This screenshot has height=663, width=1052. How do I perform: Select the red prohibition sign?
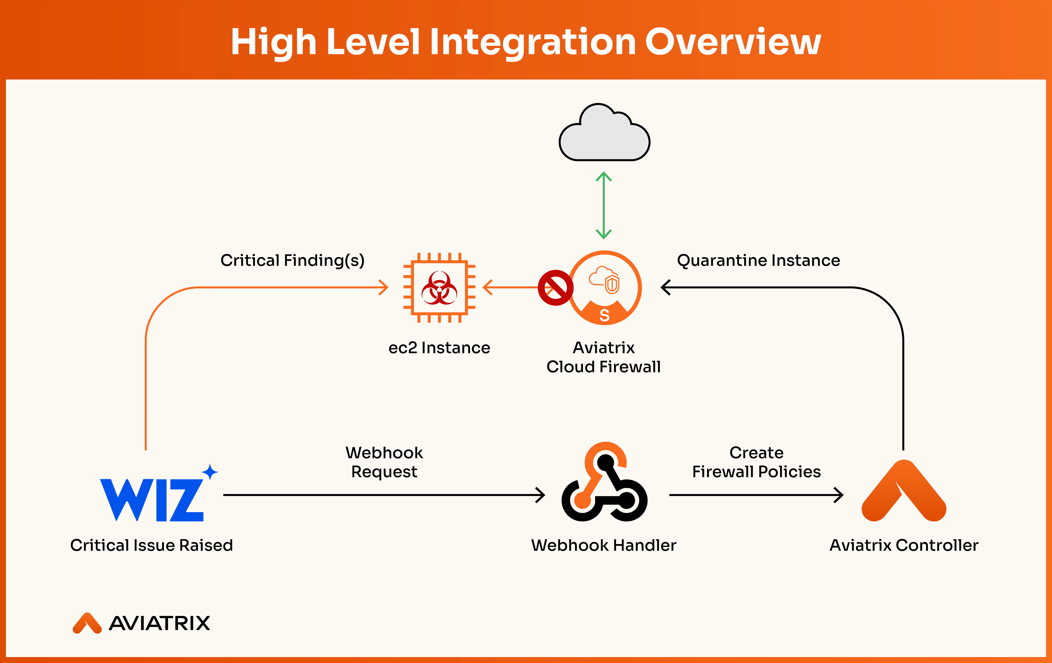click(x=555, y=288)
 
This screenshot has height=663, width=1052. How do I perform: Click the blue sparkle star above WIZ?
click(x=210, y=472)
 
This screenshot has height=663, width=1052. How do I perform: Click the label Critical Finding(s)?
click(x=292, y=260)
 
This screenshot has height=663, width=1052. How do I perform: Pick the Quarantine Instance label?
click(x=759, y=260)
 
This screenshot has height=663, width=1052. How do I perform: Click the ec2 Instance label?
click(x=439, y=348)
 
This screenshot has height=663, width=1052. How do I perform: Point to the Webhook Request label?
click(x=384, y=462)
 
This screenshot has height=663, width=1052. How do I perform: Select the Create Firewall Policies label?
click(x=756, y=462)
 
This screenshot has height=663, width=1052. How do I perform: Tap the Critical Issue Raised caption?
click(x=152, y=545)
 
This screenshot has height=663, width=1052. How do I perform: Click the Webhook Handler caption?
click(x=604, y=545)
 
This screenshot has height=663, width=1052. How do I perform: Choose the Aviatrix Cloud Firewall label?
click(x=603, y=357)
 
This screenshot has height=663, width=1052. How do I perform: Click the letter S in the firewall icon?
click(x=605, y=315)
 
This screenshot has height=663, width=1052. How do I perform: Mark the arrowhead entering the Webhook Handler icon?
click(x=541, y=495)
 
